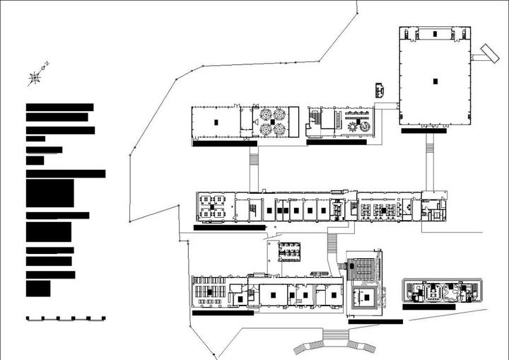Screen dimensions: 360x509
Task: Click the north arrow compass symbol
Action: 35,77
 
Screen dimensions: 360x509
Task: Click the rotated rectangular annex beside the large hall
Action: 487,52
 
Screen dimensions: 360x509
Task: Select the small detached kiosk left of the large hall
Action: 381,89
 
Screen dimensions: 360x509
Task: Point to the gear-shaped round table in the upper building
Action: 353,126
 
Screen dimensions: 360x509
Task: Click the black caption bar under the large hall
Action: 424,131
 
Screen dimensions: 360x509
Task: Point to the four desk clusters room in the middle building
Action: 213,206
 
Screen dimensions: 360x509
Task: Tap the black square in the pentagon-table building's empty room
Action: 215,123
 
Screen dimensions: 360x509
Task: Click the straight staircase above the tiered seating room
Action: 332,245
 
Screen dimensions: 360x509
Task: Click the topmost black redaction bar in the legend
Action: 59,107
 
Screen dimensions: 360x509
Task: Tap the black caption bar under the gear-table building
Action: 337,141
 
